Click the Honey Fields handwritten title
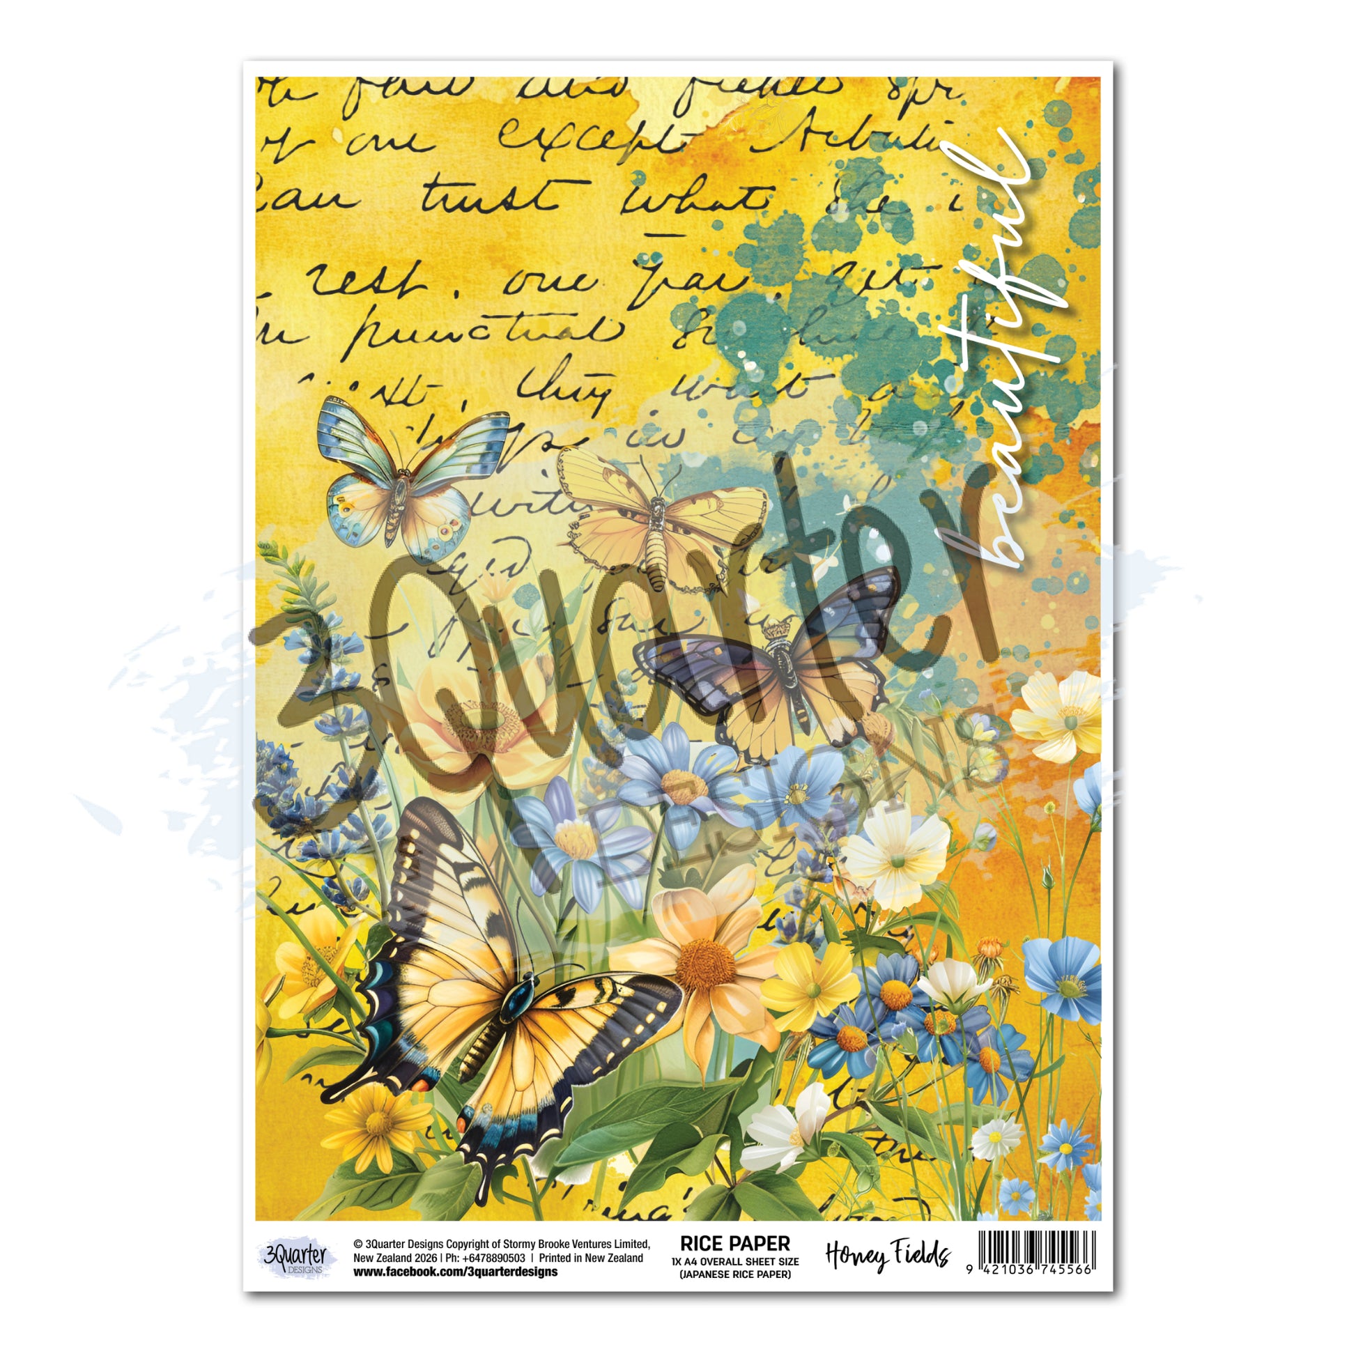tap(888, 1255)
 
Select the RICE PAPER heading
tap(735, 1244)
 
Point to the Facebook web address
tap(456, 1272)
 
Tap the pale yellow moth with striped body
tap(660, 519)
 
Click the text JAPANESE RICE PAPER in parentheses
tap(735, 1274)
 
